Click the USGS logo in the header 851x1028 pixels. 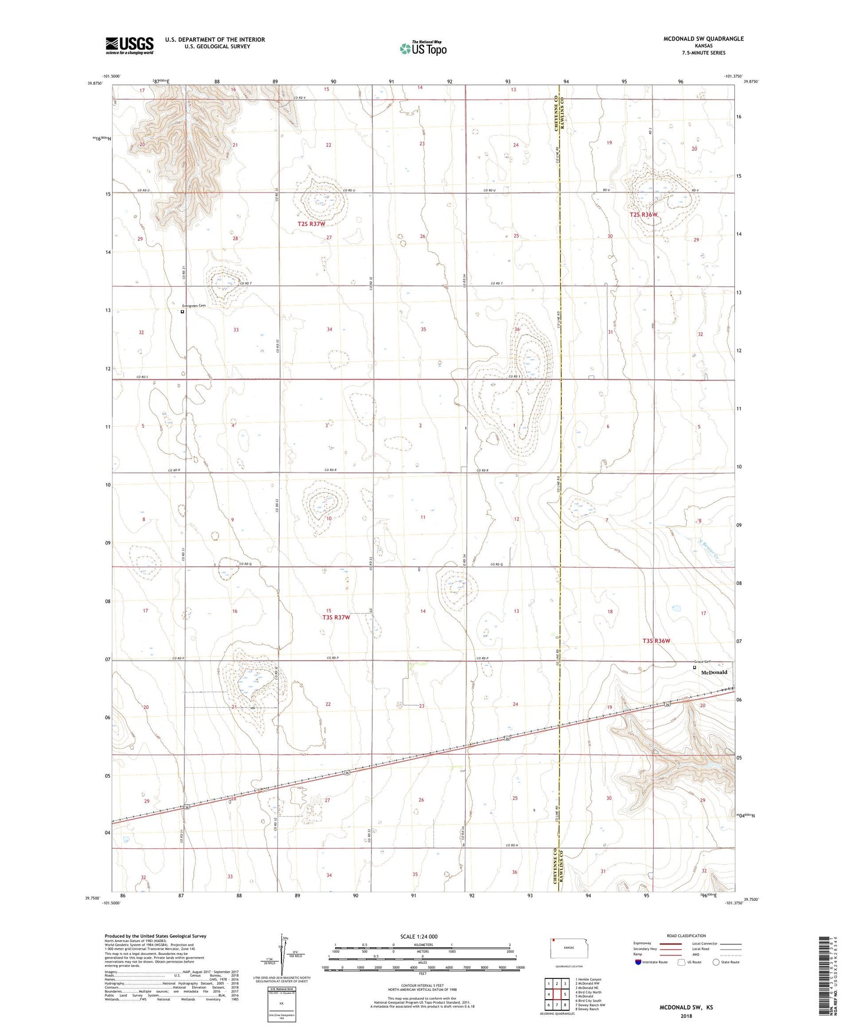tap(130, 45)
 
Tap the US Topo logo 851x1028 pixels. tap(423, 48)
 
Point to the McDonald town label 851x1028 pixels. tap(714, 672)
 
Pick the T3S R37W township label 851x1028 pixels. tap(336, 618)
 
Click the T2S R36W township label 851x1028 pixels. tap(643, 215)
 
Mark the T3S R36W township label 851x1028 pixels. tap(656, 641)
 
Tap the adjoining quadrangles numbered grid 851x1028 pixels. tap(557, 995)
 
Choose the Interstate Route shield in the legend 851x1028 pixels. tap(639, 962)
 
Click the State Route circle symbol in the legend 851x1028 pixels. tap(716, 962)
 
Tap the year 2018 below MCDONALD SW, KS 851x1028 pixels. tap(686, 1016)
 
